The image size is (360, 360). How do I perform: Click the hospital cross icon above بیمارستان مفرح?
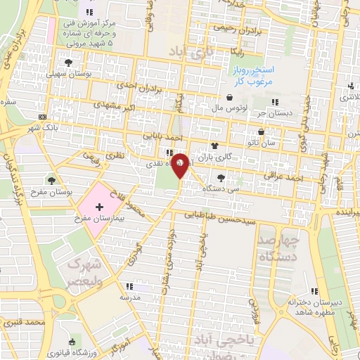tap(99, 207)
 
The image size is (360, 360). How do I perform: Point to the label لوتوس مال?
tap(228, 109)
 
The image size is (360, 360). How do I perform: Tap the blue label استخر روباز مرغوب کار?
tap(255, 77)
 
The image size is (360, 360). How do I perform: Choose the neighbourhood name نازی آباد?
tap(192, 52)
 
